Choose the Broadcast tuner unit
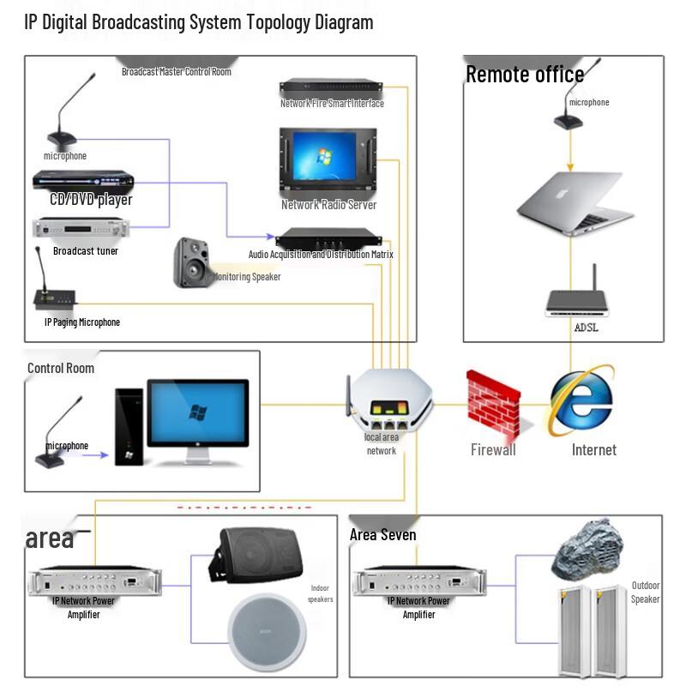[81, 228]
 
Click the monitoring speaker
[191, 262]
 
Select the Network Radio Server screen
[328, 160]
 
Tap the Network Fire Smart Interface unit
[330, 87]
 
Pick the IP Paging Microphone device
[53, 296]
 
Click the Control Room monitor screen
[198, 412]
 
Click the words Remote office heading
[525, 75]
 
